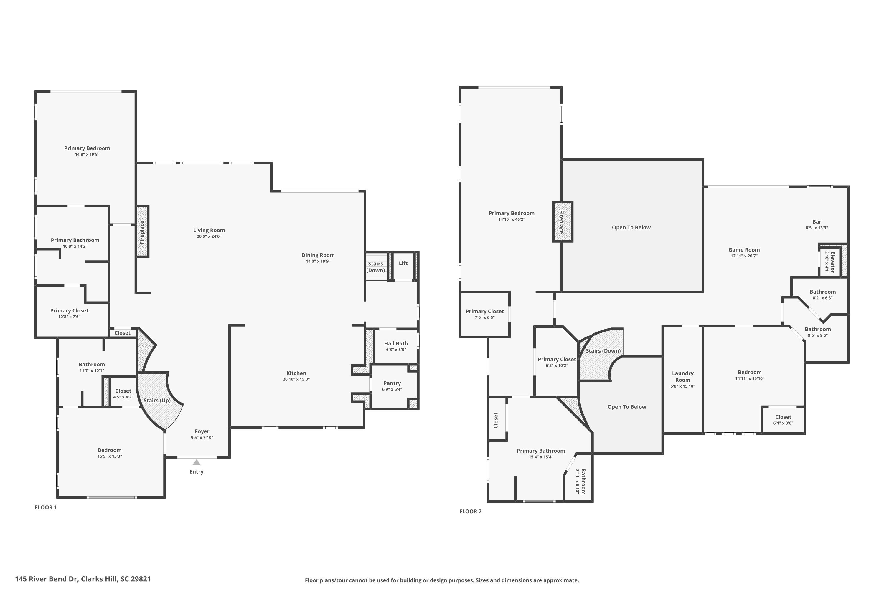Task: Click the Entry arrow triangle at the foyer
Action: point(197,462)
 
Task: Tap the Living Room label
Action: point(209,230)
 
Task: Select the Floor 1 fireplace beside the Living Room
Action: point(142,231)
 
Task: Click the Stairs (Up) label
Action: point(157,401)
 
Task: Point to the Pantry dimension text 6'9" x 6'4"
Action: point(392,389)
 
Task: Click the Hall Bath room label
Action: point(396,343)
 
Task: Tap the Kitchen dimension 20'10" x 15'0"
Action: point(296,379)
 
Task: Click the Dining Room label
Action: point(318,255)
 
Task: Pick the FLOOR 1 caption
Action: point(46,507)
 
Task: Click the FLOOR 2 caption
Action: point(470,511)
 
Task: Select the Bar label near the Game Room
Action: point(817,222)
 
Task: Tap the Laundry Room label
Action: point(682,376)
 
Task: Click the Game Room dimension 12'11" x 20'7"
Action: point(744,256)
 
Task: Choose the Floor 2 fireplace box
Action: point(563,222)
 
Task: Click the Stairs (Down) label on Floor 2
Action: point(603,351)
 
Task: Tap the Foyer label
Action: point(202,431)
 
